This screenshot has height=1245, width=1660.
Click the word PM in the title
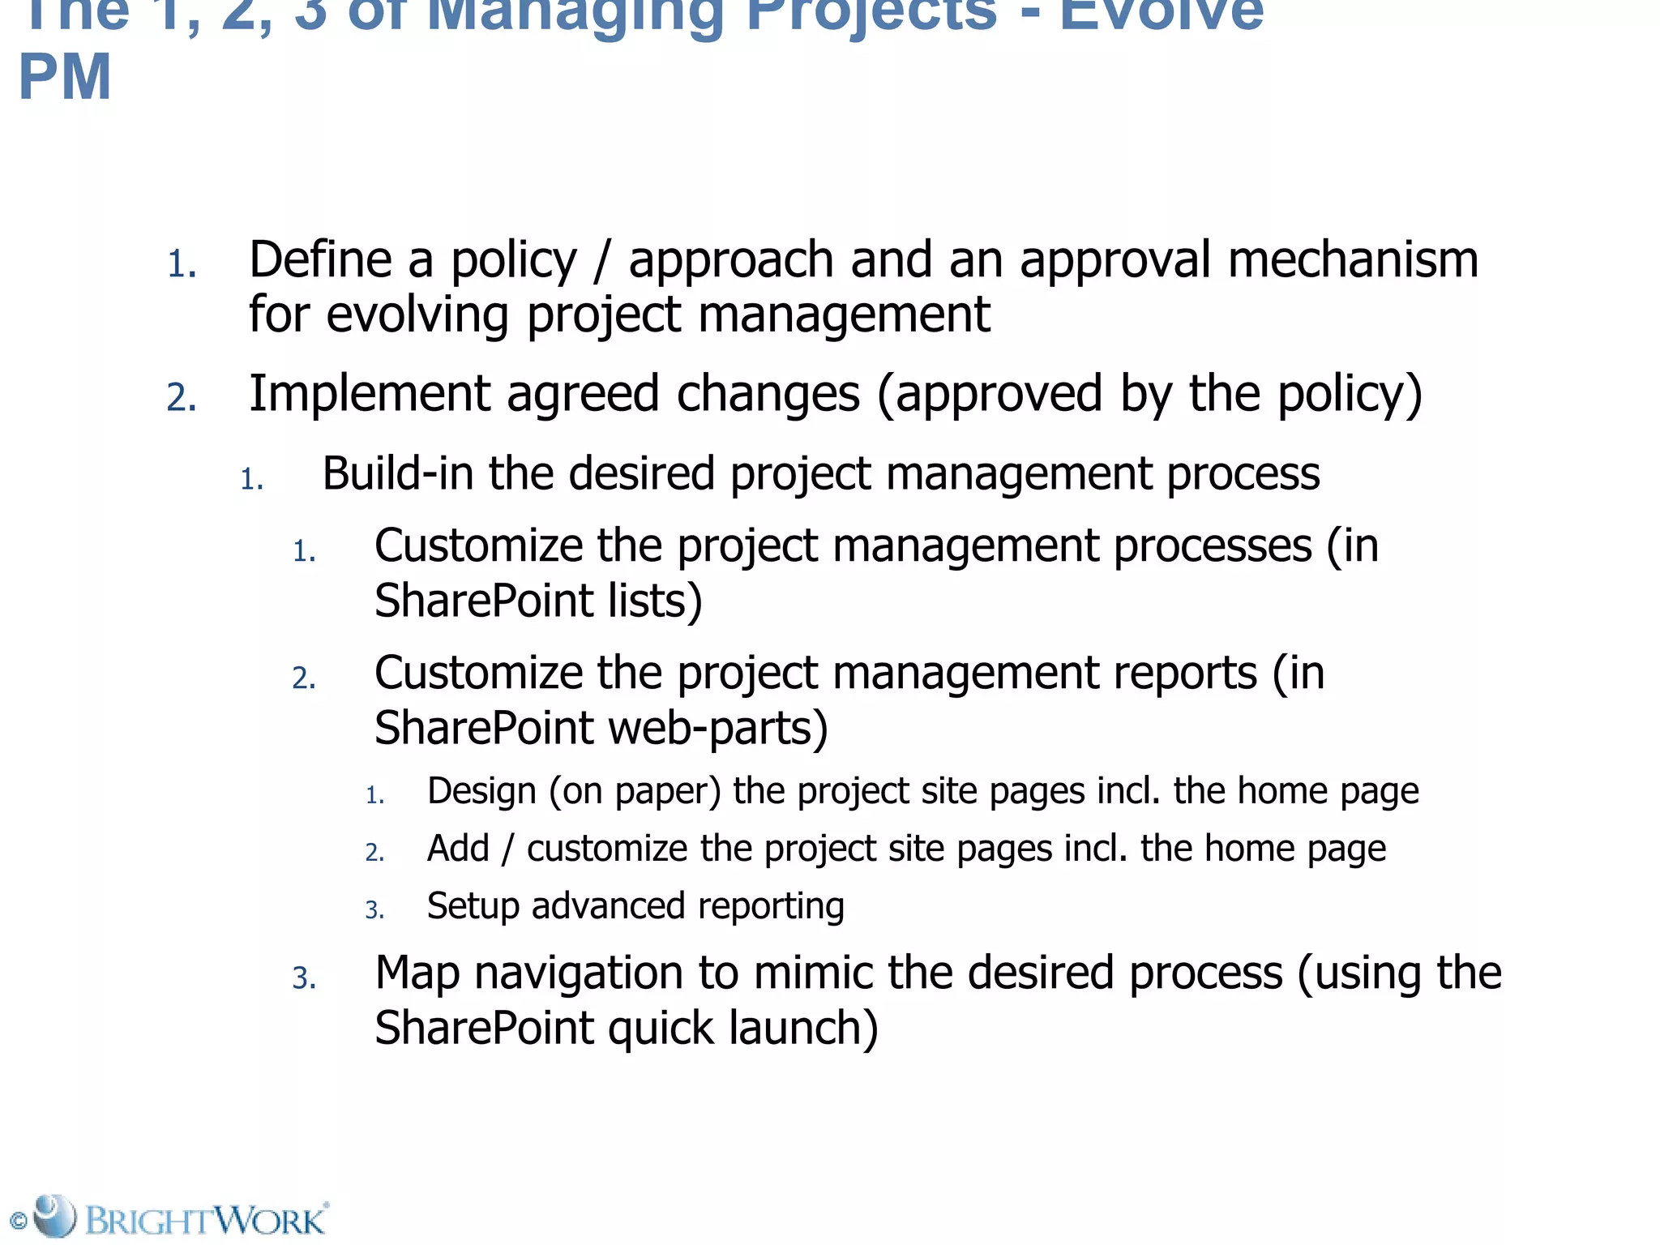[x=65, y=78]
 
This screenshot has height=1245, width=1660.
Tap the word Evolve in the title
[x=1161, y=15]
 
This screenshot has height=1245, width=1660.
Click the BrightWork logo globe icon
[x=54, y=1215]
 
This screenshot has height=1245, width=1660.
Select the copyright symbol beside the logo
[x=18, y=1221]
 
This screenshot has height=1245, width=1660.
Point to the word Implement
[x=369, y=395]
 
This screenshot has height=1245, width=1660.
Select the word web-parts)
[x=717, y=728]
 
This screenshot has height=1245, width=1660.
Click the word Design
[x=481, y=791]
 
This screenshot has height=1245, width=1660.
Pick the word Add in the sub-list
[x=458, y=849]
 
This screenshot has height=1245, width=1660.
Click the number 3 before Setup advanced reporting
[x=374, y=910]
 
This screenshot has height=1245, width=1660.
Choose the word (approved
[x=990, y=395]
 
